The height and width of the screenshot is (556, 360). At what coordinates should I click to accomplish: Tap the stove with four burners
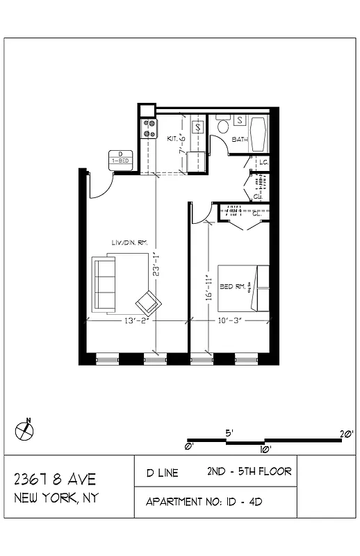point(149,129)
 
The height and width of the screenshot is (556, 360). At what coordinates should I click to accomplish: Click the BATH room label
point(239,139)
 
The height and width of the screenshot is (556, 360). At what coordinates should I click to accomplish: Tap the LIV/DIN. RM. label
point(130,242)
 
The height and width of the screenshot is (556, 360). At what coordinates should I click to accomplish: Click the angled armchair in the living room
point(148,303)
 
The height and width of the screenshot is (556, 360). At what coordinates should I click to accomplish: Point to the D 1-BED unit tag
point(120,158)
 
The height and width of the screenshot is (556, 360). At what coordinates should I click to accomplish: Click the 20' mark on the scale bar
point(346,434)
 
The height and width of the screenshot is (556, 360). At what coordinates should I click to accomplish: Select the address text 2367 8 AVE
point(56,480)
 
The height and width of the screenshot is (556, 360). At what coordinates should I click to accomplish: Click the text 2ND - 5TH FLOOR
point(249,472)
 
